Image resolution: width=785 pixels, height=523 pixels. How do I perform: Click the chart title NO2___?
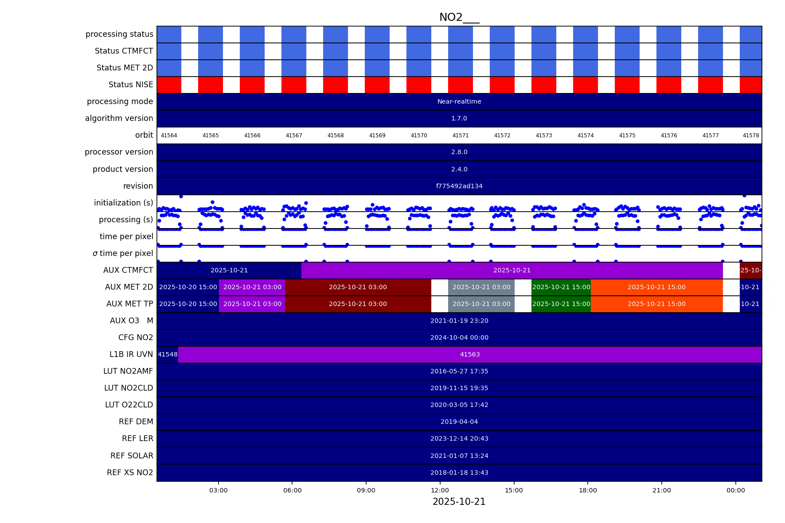(459, 17)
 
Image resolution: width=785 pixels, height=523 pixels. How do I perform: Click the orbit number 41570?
(419, 136)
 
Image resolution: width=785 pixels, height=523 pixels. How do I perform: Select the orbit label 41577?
(711, 136)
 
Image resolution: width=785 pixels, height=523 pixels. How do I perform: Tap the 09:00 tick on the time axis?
(366, 490)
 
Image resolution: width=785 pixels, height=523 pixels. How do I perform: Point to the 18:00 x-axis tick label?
(588, 490)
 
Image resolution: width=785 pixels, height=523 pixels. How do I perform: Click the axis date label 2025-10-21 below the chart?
(459, 502)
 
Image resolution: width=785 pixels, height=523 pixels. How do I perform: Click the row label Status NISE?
(131, 85)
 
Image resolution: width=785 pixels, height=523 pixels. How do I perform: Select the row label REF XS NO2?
(130, 473)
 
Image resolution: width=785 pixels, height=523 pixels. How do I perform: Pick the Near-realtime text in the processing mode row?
(459, 102)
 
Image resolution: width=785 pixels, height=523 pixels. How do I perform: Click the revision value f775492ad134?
(459, 186)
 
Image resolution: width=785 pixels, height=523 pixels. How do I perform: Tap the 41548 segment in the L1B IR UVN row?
(168, 355)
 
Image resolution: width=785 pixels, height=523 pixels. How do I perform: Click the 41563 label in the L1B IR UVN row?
(470, 355)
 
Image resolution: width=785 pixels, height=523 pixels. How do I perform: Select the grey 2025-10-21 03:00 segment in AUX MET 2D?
(481, 287)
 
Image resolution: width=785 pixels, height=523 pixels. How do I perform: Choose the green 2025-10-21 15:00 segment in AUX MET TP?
(561, 304)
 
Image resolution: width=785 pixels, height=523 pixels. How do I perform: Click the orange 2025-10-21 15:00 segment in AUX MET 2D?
(656, 287)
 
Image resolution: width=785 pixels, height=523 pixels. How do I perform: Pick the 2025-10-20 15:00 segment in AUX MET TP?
(188, 304)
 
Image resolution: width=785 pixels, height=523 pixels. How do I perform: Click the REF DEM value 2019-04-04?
(459, 422)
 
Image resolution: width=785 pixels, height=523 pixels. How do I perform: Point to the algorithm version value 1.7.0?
(459, 119)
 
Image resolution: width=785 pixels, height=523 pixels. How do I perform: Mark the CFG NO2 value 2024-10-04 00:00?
(459, 338)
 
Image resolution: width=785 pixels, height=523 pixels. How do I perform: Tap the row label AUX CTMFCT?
(128, 270)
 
